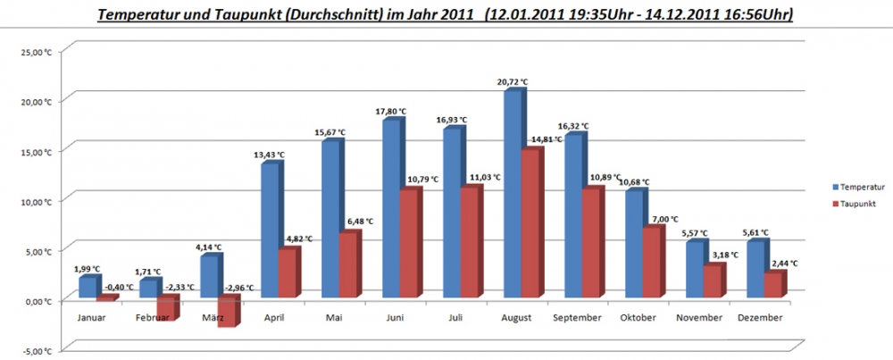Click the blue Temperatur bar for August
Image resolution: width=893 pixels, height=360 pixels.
pos(513,197)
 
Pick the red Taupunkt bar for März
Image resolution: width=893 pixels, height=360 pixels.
pos(226,313)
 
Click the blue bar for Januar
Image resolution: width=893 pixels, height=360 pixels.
pos(86,287)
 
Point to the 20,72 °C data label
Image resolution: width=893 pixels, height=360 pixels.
pos(513,82)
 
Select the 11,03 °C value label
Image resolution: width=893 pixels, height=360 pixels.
pos(483,177)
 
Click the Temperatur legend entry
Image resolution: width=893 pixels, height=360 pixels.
pos(860,187)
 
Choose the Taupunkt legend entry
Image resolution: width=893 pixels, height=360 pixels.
pos(856,203)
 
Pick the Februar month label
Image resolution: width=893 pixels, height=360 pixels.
pos(155,318)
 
